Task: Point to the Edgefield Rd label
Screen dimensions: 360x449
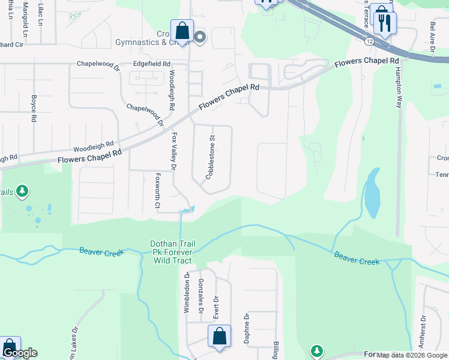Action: [x=152, y=64]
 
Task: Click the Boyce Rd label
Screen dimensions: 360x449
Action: [x=34, y=108]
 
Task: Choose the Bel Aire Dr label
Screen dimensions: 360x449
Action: [x=432, y=37]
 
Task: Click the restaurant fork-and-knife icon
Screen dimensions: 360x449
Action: [x=385, y=23]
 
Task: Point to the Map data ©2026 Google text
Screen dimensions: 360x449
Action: [x=411, y=355]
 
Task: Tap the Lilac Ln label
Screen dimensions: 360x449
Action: [x=41, y=13]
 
